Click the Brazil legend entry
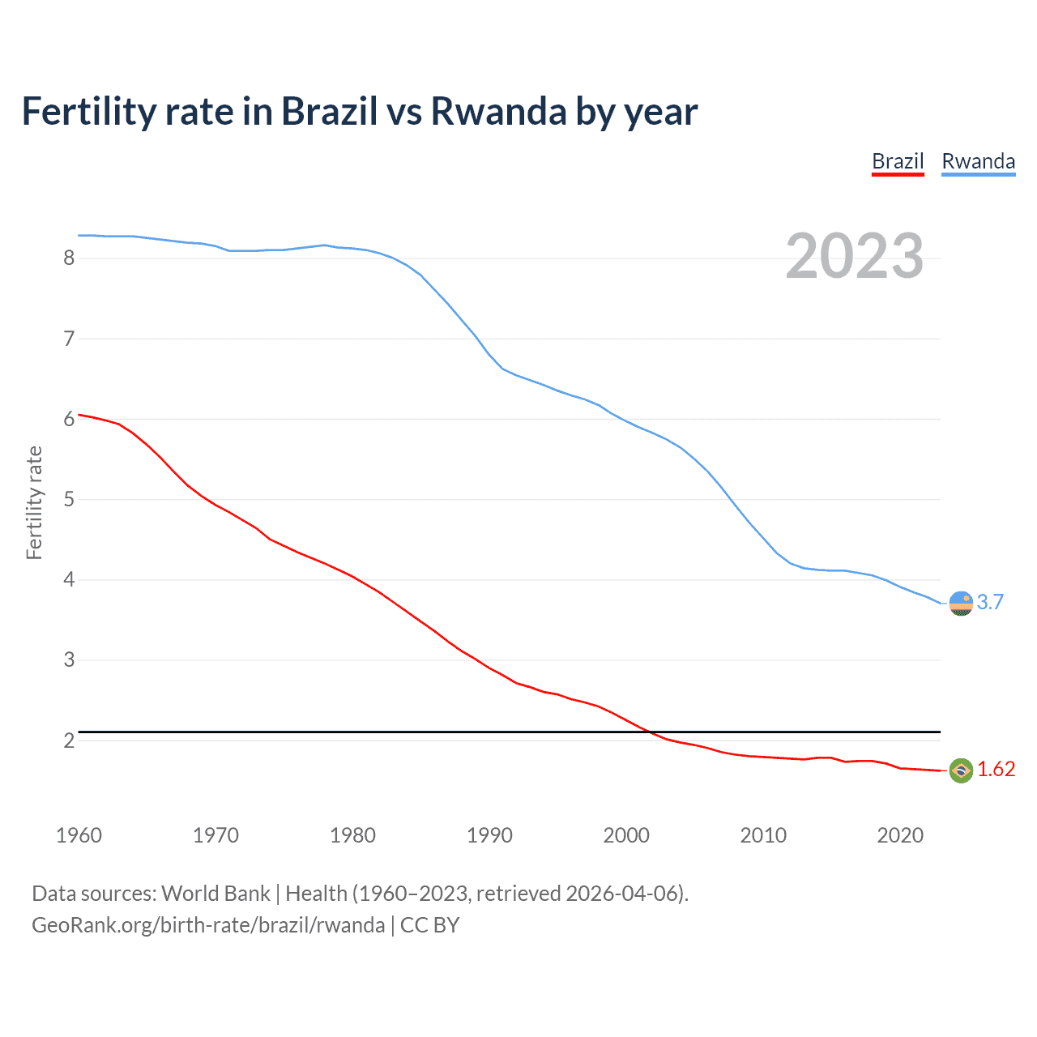(x=898, y=161)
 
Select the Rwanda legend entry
(x=978, y=161)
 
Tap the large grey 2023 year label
(x=854, y=256)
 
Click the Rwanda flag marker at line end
(x=961, y=604)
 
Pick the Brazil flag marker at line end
(x=961, y=770)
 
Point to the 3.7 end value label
(x=990, y=602)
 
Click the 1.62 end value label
(x=996, y=769)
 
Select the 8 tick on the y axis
(x=69, y=258)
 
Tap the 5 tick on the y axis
(x=69, y=499)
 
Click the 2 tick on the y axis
(x=69, y=740)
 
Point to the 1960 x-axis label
(x=79, y=835)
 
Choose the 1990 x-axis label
(x=489, y=835)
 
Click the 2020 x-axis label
(x=900, y=835)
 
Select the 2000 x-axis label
(x=626, y=835)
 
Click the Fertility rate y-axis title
(x=34, y=502)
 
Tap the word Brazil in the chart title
(x=329, y=111)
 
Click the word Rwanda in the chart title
(x=498, y=111)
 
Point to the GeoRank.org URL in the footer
(x=208, y=925)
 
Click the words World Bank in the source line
(x=216, y=894)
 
